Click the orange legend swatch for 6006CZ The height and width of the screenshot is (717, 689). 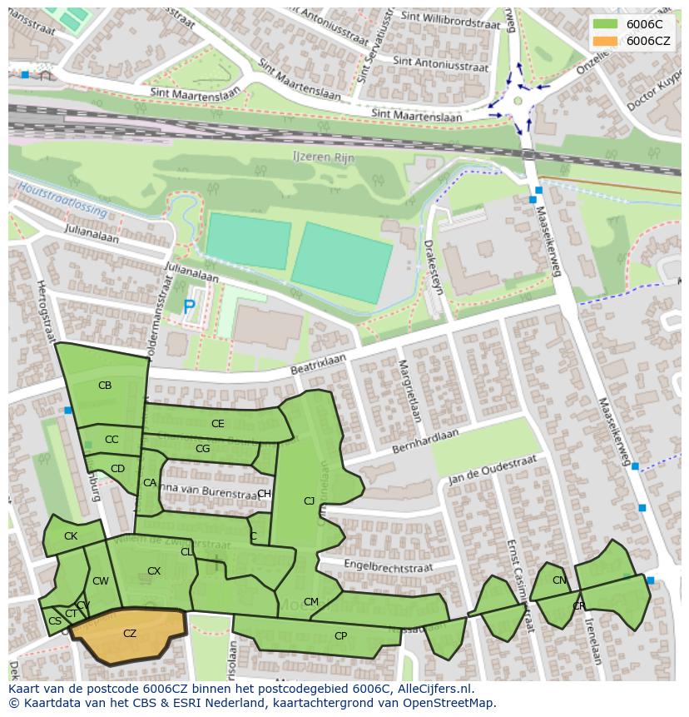[605, 41]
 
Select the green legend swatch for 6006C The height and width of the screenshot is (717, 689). [605, 24]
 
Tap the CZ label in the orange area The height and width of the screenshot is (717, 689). [130, 634]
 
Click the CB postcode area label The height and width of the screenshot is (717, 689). [105, 386]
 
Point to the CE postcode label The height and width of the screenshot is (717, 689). [218, 424]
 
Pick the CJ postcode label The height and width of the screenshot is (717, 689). [310, 501]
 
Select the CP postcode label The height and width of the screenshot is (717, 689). [340, 636]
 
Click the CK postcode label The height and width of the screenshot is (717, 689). [71, 536]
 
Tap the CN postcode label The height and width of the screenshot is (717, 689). [559, 580]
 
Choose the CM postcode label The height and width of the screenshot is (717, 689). [311, 602]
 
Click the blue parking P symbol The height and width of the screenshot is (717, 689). [189, 307]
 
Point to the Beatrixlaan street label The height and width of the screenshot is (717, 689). [318, 364]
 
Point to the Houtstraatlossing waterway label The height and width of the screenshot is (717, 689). [63, 200]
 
